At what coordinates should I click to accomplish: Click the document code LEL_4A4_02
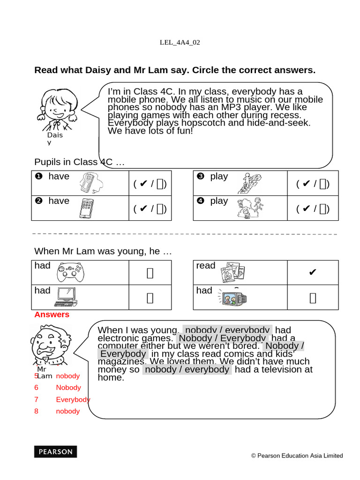pyautogui.click(x=180, y=42)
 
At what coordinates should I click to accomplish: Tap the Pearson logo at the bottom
pyautogui.click(x=55, y=452)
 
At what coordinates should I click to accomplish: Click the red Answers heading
pyautogui.click(x=52, y=315)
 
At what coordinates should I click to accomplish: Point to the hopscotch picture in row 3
pyautogui.click(x=251, y=183)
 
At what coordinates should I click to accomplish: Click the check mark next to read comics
pyautogui.click(x=313, y=272)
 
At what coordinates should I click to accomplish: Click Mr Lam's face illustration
pyautogui.click(x=50, y=345)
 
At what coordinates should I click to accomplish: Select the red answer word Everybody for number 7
pyautogui.click(x=73, y=399)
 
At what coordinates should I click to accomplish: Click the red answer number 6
pyautogui.click(x=36, y=388)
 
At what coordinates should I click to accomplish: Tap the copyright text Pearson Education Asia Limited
pyautogui.click(x=297, y=456)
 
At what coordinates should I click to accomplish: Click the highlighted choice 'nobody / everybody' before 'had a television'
pyautogui.click(x=187, y=369)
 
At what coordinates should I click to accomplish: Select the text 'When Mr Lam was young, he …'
pyautogui.click(x=103, y=251)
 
